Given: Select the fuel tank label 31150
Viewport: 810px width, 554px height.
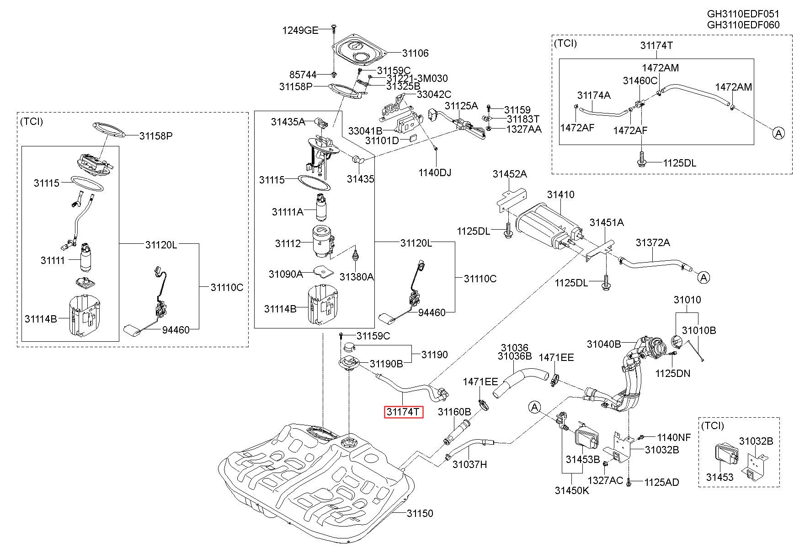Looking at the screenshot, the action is tap(420, 514).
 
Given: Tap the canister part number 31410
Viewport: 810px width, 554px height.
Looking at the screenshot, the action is tap(561, 195).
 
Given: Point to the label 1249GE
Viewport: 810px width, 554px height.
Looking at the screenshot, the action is tap(300, 30).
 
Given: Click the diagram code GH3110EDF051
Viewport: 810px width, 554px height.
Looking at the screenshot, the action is tap(743, 14).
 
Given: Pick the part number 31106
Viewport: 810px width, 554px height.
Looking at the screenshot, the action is tap(416, 53).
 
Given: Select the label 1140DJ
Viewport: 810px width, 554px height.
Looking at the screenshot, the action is tap(435, 172).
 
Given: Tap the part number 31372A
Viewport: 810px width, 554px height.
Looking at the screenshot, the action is tap(653, 242).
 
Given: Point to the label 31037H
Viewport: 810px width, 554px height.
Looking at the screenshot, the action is tap(469, 464).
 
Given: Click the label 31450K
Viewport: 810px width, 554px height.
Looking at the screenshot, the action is tap(572, 490).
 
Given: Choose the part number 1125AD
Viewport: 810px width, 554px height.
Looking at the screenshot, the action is tap(661, 482).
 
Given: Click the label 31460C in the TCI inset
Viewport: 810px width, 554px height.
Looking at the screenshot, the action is tap(640, 81).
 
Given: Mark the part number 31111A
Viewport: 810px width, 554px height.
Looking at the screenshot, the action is tap(288, 212).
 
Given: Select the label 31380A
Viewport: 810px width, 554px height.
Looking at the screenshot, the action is tap(357, 276).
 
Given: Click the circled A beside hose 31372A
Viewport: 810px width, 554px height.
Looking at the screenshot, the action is tap(704, 277).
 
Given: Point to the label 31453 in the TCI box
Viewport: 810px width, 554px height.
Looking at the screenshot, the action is tap(719, 477).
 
